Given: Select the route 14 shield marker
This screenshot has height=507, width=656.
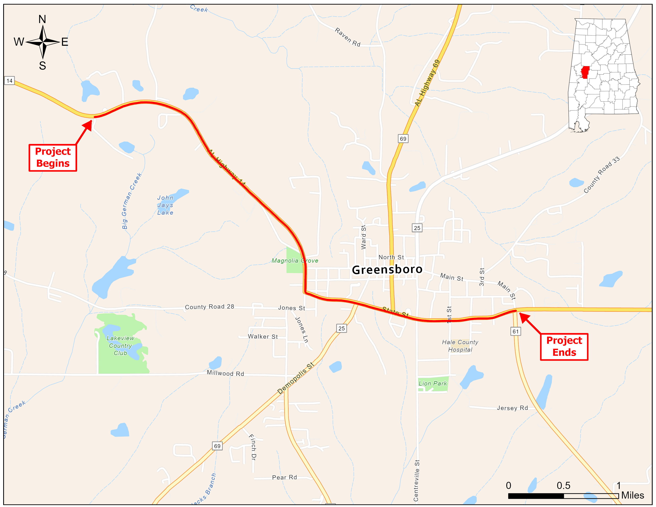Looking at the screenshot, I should point(9,81).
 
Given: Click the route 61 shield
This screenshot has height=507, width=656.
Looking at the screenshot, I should point(515,331).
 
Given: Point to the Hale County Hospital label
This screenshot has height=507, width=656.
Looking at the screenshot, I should point(460,346).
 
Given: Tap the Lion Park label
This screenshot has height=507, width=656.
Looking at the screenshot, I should point(433,384).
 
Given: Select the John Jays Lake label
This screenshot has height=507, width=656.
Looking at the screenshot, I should point(165,205).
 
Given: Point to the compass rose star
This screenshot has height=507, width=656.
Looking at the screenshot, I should point(43,42).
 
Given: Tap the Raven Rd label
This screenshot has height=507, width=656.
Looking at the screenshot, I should point(347,37).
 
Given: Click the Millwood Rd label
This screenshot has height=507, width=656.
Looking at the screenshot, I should point(225,373).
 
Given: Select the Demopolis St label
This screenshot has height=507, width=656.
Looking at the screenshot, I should point(296,378).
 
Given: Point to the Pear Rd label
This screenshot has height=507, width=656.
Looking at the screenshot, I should point(284,477).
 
